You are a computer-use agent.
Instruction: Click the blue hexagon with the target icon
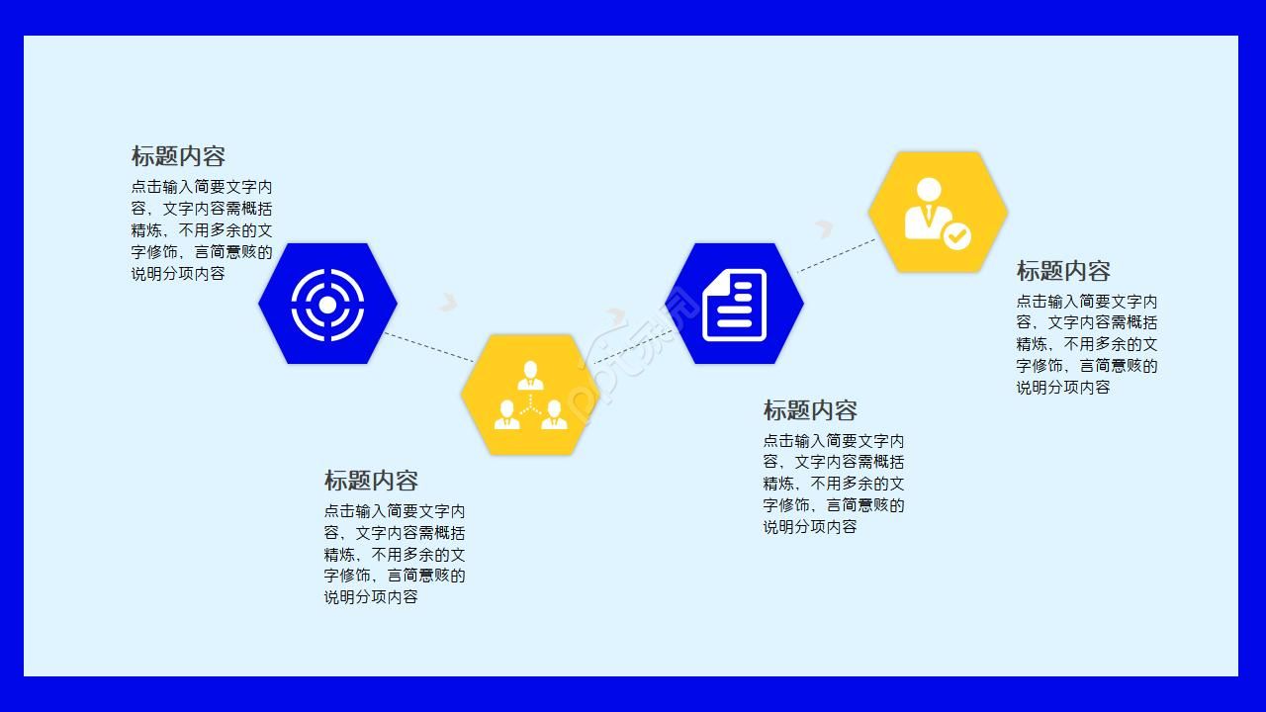click(x=327, y=304)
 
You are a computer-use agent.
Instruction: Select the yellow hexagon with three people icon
click(x=530, y=395)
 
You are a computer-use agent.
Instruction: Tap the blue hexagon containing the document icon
click(x=734, y=304)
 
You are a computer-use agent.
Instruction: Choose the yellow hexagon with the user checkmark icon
click(x=938, y=212)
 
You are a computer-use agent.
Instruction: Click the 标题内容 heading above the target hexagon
click(x=178, y=156)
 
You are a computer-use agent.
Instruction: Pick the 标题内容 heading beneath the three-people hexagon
click(x=371, y=481)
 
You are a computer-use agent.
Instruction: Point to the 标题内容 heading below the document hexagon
click(x=809, y=410)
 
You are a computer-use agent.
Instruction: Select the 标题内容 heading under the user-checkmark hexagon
click(x=1063, y=271)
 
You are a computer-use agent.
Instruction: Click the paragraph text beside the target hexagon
click(x=201, y=230)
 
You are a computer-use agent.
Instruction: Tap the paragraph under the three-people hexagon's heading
click(x=394, y=554)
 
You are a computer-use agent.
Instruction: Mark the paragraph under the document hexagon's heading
click(x=833, y=484)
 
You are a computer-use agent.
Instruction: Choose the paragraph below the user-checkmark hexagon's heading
click(x=1086, y=344)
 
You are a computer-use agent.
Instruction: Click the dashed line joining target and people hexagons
click(x=428, y=346)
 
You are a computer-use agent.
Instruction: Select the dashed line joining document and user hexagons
click(x=836, y=255)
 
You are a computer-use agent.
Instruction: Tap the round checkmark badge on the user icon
click(x=956, y=236)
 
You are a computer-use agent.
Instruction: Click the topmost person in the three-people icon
click(x=531, y=375)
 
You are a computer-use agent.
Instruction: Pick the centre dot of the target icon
click(x=327, y=304)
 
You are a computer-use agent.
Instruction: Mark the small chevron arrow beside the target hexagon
click(x=448, y=301)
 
